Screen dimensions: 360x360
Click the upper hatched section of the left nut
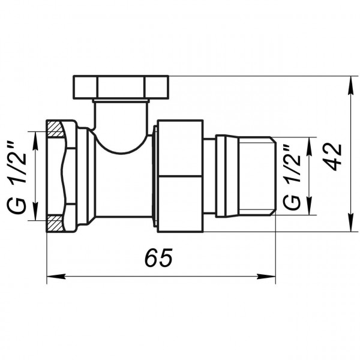(54, 128)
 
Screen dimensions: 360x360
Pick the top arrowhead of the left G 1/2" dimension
(35, 133)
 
